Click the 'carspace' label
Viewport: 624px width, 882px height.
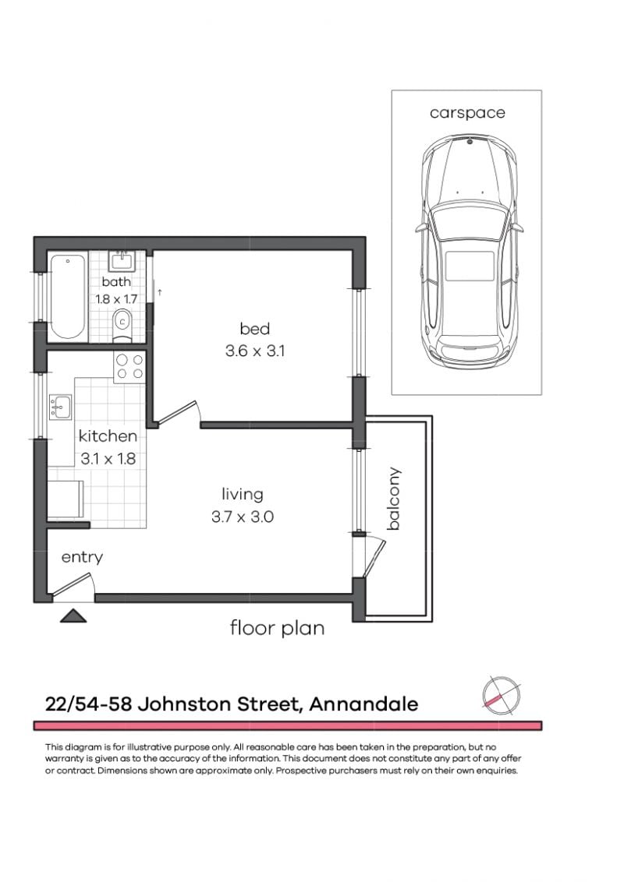(x=466, y=113)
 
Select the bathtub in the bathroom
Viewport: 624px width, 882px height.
(x=67, y=296)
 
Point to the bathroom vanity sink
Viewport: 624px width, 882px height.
(x=122, y=260)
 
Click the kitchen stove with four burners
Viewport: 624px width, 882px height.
(x=129, y=367)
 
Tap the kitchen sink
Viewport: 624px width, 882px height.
(x=60, y=407)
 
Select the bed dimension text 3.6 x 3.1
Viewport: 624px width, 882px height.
(x=254, y=351)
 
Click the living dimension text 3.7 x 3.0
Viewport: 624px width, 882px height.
(x=242, y=516)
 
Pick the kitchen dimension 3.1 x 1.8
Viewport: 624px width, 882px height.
(x=108, y=459)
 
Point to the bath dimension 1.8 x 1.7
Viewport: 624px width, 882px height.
(x=116, y=298)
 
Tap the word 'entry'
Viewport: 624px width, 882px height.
(x=82, y=557)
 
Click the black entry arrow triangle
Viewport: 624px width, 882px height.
(x=73, y=616)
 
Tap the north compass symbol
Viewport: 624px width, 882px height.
(x=501, y=693)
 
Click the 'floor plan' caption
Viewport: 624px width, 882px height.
(x=277, y=628)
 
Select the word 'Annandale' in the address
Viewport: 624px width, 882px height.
(x=363, y=704)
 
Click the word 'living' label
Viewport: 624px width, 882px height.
(x=242, y=494)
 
